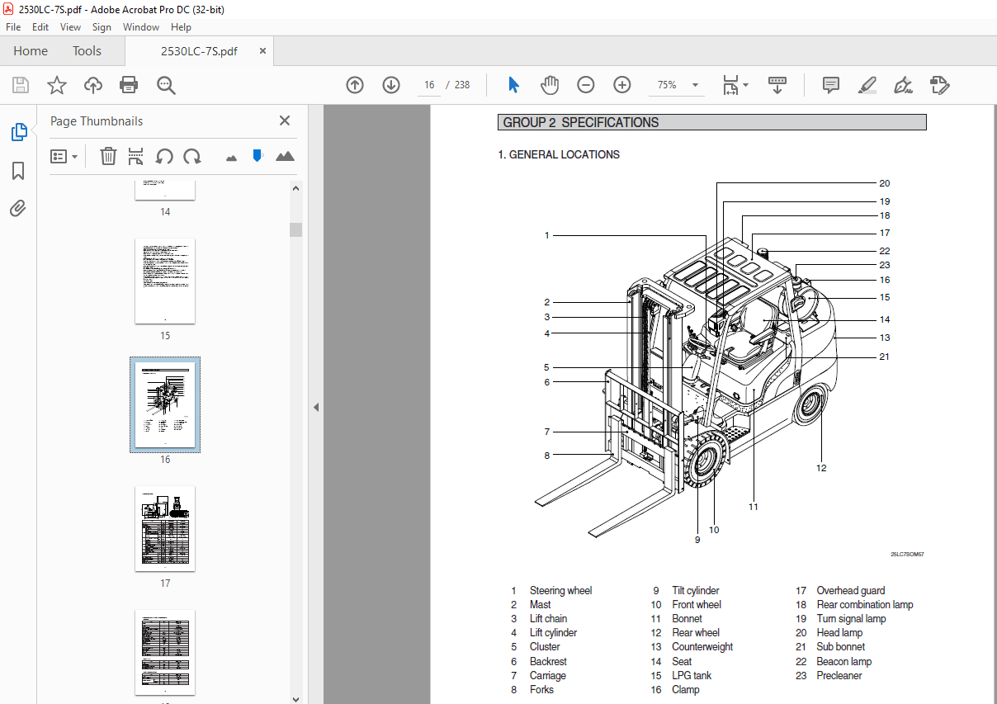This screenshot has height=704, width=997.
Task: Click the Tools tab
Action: click(87, 51)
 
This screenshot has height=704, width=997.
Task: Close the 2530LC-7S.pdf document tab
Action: click(262, 51)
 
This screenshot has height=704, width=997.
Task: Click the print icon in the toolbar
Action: click(129, 85)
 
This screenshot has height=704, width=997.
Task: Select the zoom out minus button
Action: click(585, 85)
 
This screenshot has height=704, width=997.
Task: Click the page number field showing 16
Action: click(429, 85)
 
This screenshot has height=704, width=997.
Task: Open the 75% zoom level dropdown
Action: click(695, 85)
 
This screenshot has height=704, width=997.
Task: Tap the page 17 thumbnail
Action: click(165, 528)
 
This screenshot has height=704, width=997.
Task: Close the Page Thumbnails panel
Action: click(285, 120)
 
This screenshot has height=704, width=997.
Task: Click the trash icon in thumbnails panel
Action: click(108, 156)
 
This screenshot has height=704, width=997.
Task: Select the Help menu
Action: click(181, 27)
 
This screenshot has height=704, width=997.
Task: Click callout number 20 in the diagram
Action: click(884, 183)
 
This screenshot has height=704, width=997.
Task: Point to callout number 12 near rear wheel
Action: click(821, 468)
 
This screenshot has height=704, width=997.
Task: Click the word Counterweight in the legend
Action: click(702, 647)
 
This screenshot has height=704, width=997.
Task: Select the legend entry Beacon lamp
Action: click(843, 661)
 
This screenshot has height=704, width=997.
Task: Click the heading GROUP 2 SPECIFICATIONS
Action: click(581, 122)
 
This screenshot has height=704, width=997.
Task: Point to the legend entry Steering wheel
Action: click(560, 590)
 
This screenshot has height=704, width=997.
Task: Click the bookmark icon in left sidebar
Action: click(18, 171)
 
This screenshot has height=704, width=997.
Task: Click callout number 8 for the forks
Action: click(546, 455)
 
